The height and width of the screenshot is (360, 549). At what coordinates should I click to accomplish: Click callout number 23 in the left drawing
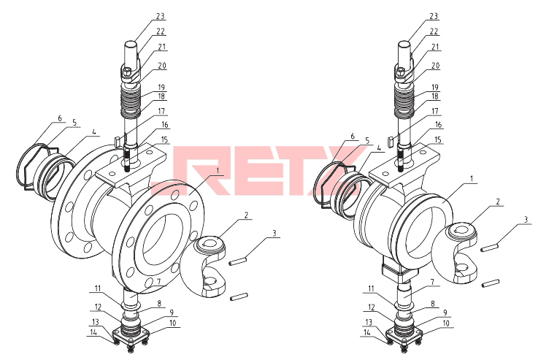161,17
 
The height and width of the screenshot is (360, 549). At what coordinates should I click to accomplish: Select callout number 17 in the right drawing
434,112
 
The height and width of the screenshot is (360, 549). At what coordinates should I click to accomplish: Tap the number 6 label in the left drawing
60,118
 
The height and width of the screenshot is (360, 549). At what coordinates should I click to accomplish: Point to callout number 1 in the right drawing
472,179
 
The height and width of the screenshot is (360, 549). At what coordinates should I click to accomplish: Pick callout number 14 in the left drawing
93,333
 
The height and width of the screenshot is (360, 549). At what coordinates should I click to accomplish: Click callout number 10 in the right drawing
446,323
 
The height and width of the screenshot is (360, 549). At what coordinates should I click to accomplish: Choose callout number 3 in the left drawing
274,233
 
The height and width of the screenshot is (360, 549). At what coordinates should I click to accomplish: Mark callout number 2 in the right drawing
498,202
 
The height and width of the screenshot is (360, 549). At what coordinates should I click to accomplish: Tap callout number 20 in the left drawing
161,66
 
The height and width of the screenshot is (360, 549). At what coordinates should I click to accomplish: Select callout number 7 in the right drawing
432,282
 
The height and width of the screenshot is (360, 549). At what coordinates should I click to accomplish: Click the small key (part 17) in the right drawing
390,141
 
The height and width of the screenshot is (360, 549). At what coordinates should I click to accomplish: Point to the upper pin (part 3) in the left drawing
239,261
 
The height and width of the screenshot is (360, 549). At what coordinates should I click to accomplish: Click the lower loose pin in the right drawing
491,283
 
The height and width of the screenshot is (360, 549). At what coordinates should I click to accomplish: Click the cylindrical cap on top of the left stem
131,53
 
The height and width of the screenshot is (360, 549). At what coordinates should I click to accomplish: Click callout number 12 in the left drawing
97,307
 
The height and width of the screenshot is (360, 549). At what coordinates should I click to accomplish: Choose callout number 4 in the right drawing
378,149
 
